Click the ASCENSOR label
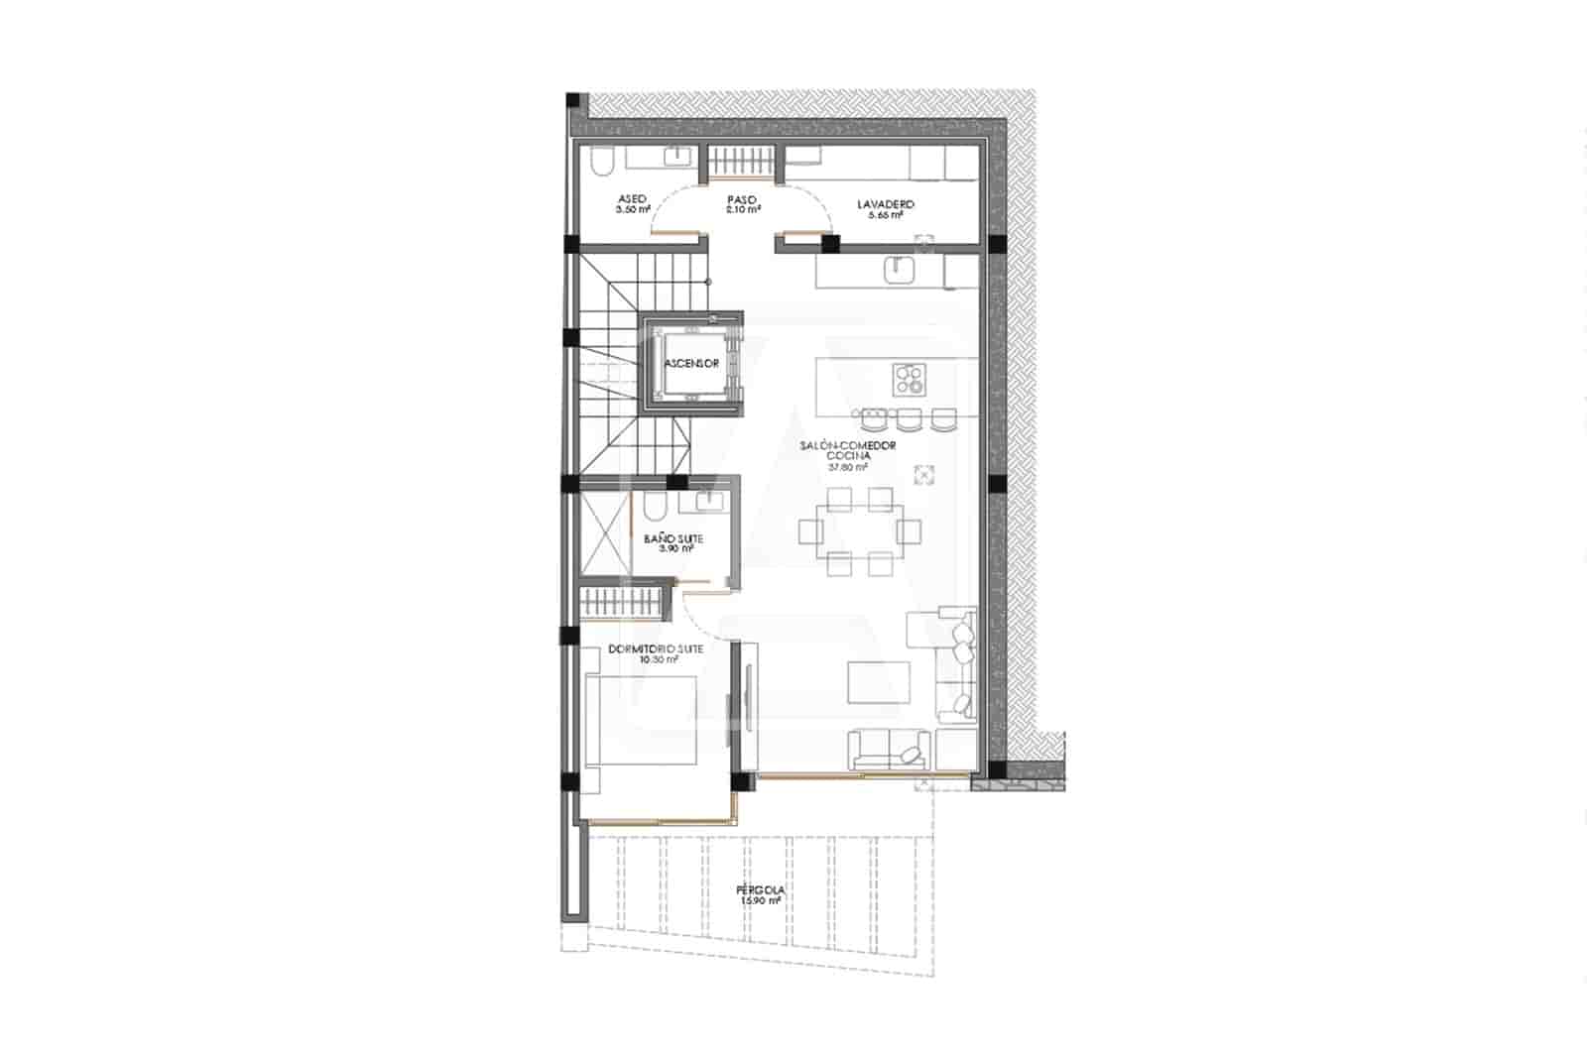point(691,364)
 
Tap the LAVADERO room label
point(885,204)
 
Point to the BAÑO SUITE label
point(673,538)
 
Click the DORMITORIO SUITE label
point(656,648)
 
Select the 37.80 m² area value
point(848,467)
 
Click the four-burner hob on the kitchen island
point(909,378)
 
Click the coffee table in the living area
point(878,682)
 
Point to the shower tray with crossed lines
point(604,535)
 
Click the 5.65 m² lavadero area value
point(885,214)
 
